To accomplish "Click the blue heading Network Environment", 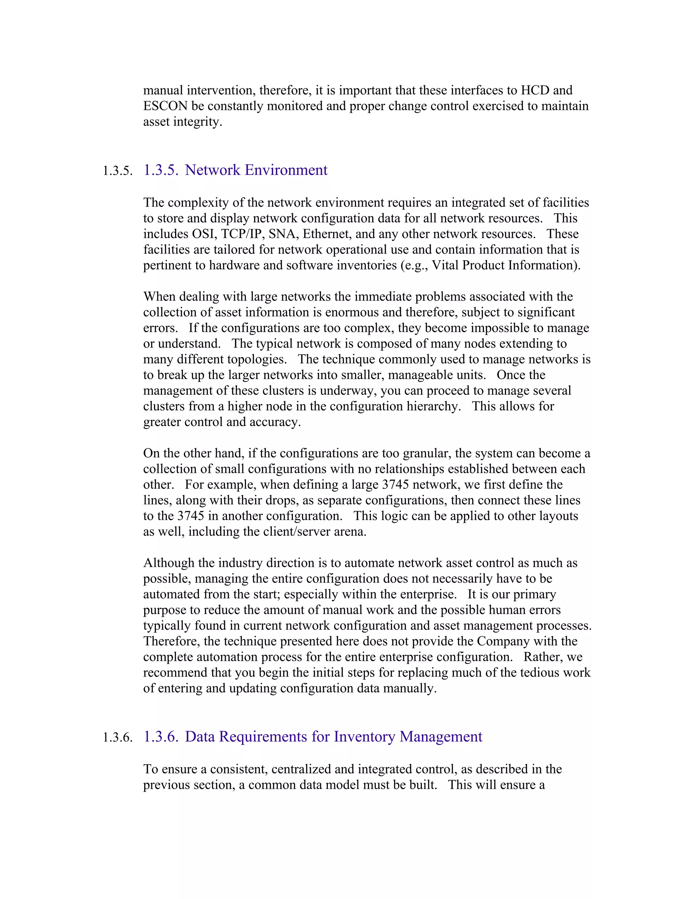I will tap(256, 170).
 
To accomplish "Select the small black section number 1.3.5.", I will tap(117, 171).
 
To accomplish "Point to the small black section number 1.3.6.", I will tap(117, 738).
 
